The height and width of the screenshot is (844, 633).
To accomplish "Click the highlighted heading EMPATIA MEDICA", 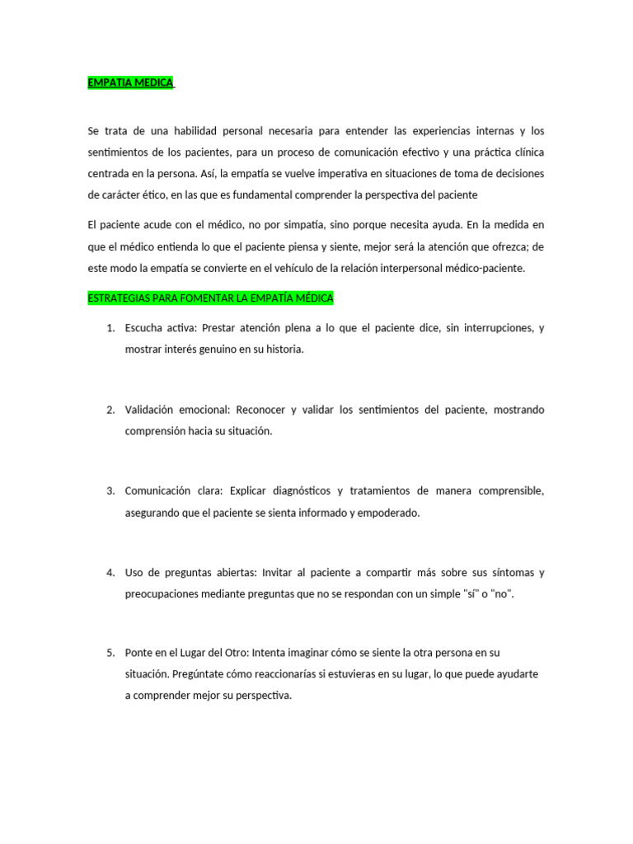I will click(130, 83).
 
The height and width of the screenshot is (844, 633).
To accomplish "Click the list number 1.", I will click(110, 328).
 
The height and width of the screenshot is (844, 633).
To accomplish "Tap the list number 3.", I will click(110, 491).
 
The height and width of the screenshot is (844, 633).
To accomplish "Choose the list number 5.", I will click(110, 653).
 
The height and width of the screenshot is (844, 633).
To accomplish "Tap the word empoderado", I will click(387, 513).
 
